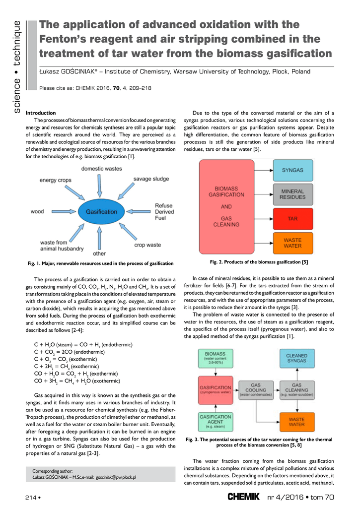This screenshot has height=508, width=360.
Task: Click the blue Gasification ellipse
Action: (x=101, y=212)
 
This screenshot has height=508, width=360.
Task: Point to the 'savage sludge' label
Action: (x=150, y=179)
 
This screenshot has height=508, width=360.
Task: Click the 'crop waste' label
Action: (x=147, y=245)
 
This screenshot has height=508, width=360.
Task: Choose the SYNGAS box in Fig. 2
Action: (x=292, y=170)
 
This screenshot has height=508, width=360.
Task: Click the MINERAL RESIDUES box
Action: (x=292, y=194)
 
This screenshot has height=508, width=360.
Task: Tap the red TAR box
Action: (x=292, y=218)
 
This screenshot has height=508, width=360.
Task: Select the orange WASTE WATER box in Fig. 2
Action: (x=292, y=243)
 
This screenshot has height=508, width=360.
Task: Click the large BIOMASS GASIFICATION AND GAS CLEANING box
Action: (x=226, y=206)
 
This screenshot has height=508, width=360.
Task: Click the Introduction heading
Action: (x=41, y=113)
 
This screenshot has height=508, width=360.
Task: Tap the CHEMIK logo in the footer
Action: (x=243, y=496)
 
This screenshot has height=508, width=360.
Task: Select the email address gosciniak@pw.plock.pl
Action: (x=116, y=477)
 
